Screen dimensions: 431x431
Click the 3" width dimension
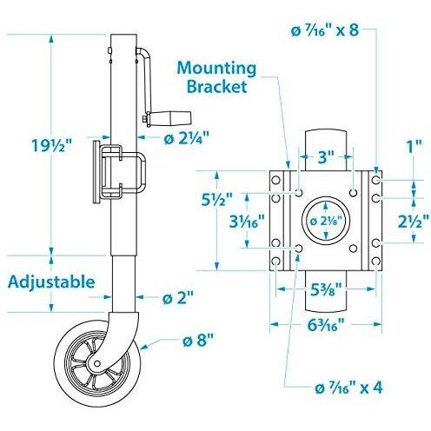[x=325, y=159]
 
